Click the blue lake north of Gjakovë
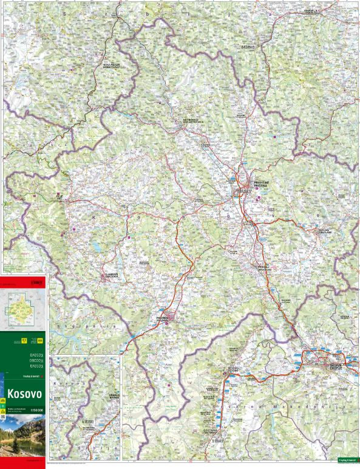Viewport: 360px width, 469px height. (97, 247)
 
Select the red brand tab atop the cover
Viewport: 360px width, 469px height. (23, 281)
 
